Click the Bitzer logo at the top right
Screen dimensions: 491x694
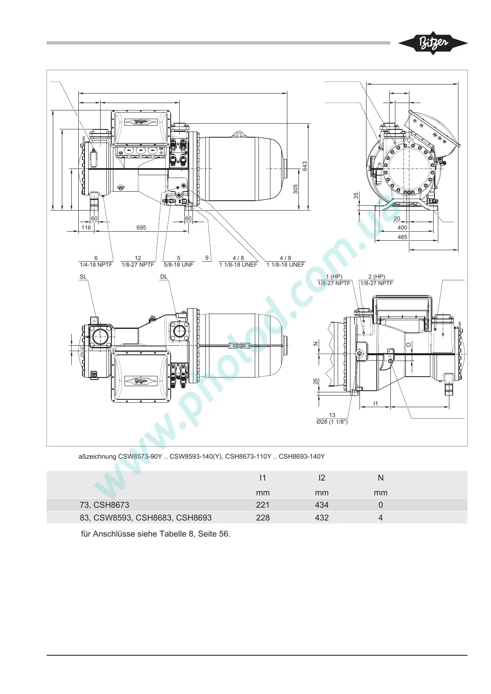(x=433, y=44)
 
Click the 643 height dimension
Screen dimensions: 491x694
(x=305, y=166)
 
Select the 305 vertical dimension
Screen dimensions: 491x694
(x=296, y=189)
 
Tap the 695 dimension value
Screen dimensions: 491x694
(x=141, y=227)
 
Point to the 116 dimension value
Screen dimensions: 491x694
(x=86, y=227)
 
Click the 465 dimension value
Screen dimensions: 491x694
(x=402, y=237)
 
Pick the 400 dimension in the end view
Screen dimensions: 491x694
(x=402, y=228)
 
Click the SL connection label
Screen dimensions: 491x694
(x=83, y=277)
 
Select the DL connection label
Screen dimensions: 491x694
(x=164, y=277)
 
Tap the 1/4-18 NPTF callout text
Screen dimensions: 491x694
(x=96, y=265)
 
